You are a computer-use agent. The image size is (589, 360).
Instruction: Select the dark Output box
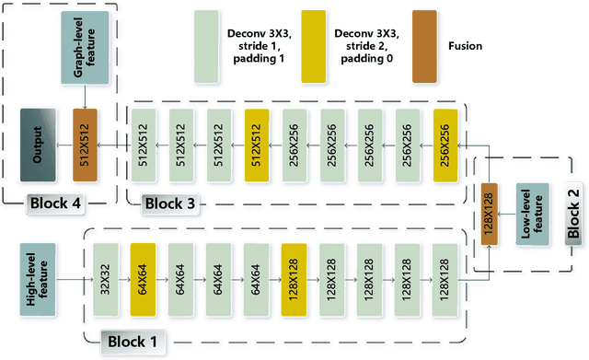coord(40,145)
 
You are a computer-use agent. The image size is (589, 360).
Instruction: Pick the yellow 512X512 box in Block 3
coord(257,145)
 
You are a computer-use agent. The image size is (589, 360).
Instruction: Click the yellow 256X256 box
coord(445,145)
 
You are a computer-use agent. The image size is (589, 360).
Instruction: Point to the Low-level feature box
coord(533,215)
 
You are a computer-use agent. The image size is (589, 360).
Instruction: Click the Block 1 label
coord(133,342)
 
